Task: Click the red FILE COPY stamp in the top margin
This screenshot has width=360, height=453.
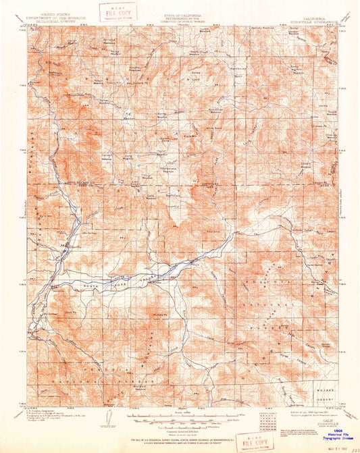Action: (x=118, y=11)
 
